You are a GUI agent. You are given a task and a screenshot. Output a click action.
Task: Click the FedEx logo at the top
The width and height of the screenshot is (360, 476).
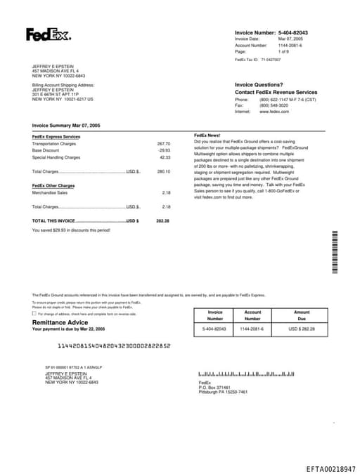click(48, 34)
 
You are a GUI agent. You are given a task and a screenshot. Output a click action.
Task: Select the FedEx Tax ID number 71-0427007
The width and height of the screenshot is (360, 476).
click(271, 60)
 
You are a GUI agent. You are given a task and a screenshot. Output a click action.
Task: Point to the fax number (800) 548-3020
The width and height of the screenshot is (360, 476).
click(274, 105)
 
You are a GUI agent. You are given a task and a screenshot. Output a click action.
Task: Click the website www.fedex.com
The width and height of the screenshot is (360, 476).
click(274, 112)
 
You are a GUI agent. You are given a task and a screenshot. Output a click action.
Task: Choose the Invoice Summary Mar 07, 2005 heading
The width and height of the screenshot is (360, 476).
click(66, 125)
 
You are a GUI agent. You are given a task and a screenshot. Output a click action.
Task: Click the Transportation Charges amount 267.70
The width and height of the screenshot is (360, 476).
click(163, 143)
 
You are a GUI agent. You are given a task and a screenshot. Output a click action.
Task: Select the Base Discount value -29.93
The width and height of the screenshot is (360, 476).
click(164, 150)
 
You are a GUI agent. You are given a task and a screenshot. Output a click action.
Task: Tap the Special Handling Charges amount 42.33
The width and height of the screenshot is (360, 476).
click(164, 157)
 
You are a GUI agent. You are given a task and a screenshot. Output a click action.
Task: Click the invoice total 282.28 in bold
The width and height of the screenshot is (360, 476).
click(162, 220)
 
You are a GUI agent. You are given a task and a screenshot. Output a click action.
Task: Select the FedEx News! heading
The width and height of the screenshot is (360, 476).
click(207, 134)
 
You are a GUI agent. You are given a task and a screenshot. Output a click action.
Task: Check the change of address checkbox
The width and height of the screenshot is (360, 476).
click(34, 314)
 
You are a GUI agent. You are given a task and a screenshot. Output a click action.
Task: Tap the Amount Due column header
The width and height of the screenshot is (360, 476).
click(302, 315)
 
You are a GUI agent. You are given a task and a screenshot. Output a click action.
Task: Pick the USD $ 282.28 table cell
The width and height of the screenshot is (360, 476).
click(302, 329)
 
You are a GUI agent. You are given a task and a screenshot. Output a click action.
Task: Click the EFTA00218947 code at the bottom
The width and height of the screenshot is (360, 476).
click(330, 468)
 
